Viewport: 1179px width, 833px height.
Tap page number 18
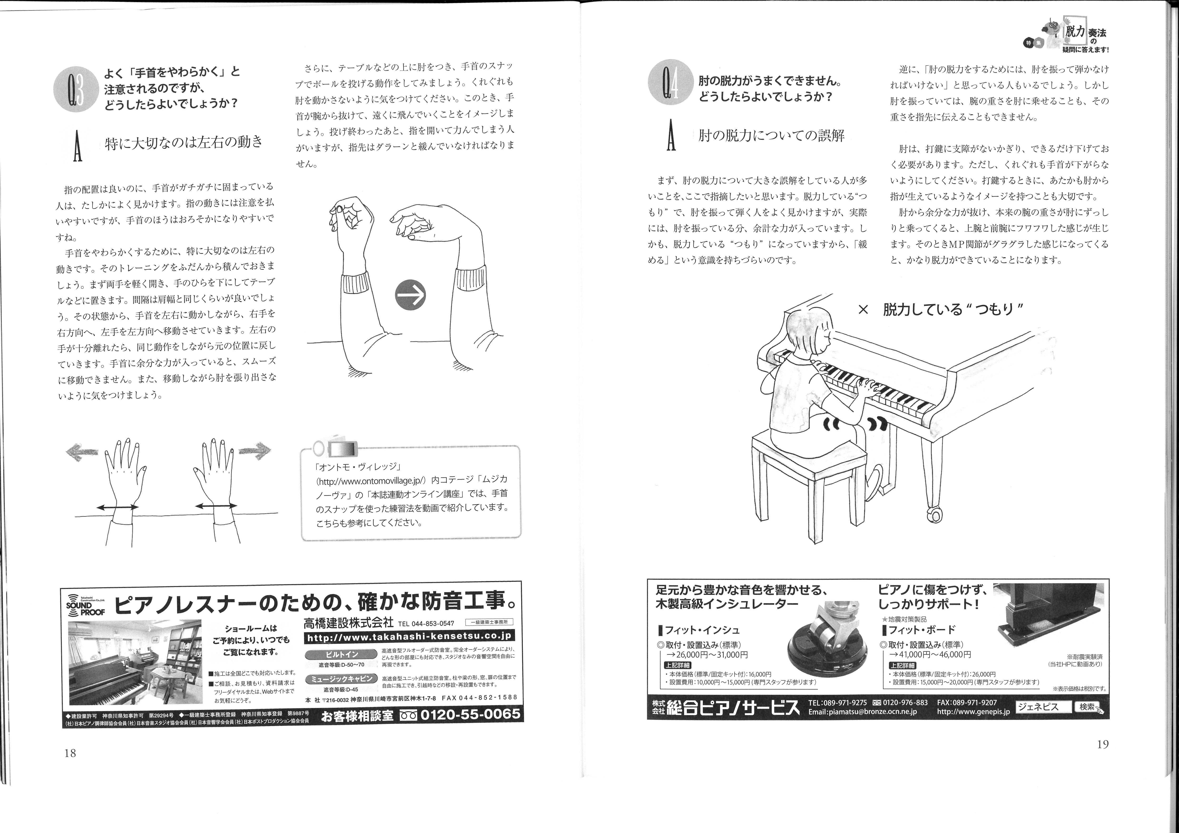tap(70, 753)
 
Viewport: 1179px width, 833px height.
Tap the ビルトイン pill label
tap(341, 654)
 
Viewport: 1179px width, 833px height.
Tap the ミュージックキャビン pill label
tap(341, 679)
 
